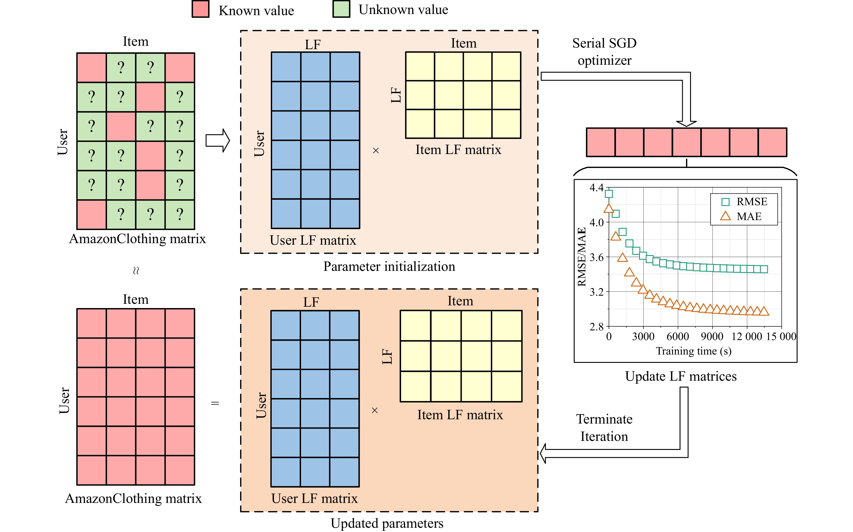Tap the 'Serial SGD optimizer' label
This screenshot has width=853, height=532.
coord(604,52)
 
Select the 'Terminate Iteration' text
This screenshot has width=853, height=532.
coord(604,428)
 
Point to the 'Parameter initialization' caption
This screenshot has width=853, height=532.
coord(389,266)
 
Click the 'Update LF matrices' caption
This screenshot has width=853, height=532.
coord(681,376)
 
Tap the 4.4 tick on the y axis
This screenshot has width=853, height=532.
coord(596,188)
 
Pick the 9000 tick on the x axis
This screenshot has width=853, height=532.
coord(712,336)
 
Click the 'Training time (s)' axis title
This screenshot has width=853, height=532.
coord(693,351)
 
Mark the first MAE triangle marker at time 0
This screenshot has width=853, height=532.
coord(609,209)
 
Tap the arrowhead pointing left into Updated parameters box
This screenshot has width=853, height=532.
coord(543,454)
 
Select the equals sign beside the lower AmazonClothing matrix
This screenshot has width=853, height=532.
coord(215,403)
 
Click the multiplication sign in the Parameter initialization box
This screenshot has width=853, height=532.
coord(376,151)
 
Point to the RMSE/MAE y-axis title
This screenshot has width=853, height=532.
coord(582,257)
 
